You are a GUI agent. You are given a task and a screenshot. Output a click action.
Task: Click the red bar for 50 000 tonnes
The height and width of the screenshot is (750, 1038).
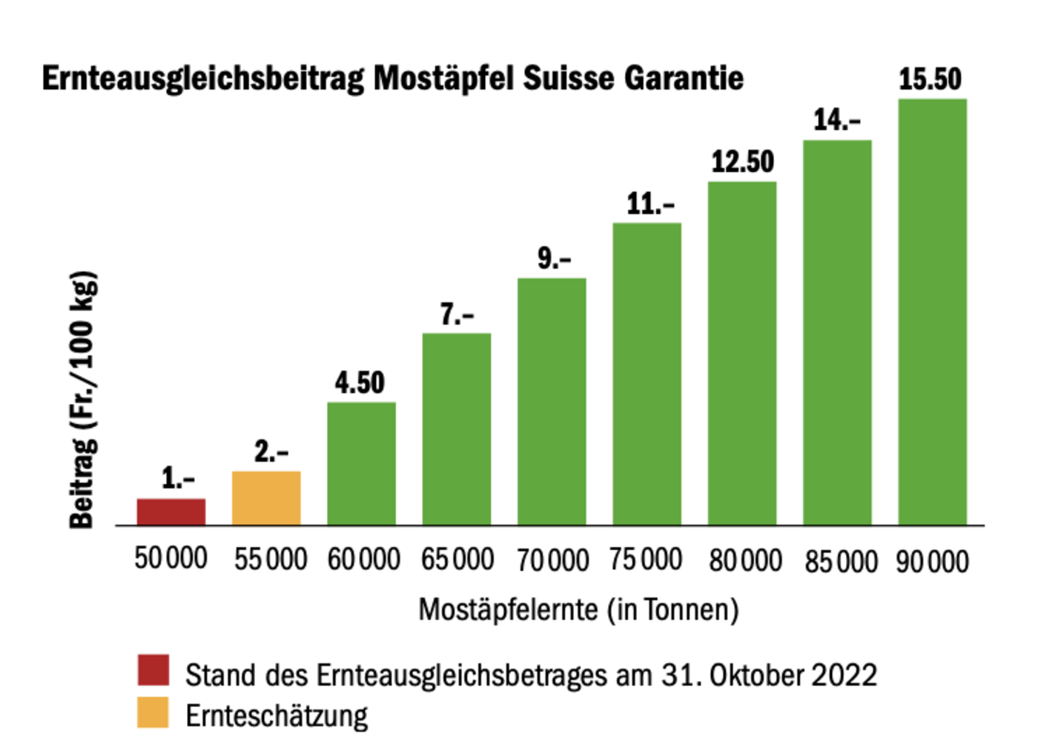(x=171, y=511)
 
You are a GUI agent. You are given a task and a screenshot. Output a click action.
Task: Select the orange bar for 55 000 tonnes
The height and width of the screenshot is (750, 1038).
(x=266, y=498)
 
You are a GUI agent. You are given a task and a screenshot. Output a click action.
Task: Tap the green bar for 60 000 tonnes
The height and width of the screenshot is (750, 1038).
(x=361, y=464)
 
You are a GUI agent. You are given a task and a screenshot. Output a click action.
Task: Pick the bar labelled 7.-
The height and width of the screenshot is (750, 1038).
(x=457, y=429)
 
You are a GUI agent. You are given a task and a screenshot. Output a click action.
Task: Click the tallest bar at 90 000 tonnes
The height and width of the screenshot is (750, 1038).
(x=932, y=312)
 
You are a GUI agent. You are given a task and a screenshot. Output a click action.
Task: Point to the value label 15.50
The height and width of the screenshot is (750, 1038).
(x=930, y=79)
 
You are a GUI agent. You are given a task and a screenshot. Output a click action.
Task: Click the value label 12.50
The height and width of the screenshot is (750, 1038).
(x=742, y=162)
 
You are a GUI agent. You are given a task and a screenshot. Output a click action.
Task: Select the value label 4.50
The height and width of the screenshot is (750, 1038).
(x=360, y=382)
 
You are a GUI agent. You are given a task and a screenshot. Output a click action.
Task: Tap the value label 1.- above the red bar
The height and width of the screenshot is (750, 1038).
(x=178, y=479)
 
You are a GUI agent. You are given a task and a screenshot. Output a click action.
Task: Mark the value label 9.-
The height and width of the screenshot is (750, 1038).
(x=554, y=259)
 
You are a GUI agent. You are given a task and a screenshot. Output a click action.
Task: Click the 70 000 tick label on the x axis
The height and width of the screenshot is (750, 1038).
(x=552, y=560)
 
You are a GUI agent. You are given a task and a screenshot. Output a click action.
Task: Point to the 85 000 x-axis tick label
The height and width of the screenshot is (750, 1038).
(x=841, y=561)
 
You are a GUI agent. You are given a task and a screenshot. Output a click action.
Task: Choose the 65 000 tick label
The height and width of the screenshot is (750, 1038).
(x=457, y=560)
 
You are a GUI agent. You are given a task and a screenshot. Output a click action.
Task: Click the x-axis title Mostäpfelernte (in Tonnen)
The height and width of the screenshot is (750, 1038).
(x=578, y=610)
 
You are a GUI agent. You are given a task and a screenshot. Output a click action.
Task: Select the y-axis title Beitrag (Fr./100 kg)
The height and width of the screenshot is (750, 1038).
(x=83, y=400)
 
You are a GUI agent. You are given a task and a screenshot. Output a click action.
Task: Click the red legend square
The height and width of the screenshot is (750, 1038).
(x=153, y=670)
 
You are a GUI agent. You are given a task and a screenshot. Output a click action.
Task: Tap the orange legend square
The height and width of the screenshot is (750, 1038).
(x=153, y=712)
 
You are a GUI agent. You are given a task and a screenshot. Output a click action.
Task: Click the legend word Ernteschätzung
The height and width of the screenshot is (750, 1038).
(x=277, y=716)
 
